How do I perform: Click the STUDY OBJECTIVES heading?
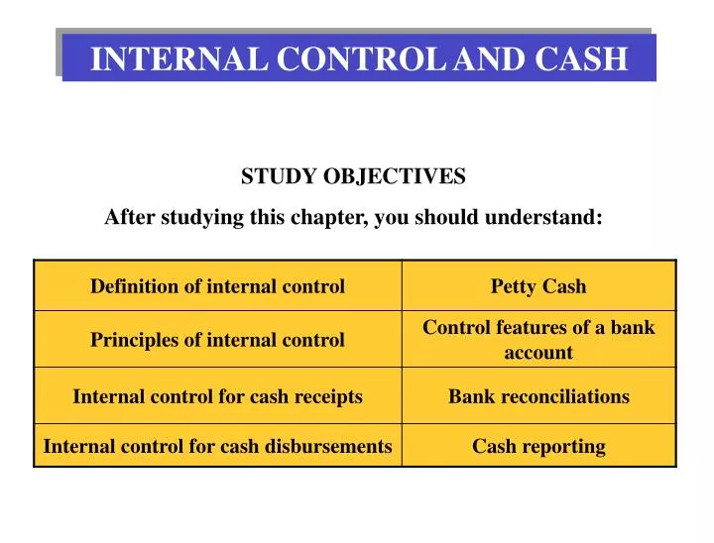353,176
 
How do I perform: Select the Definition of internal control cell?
217,286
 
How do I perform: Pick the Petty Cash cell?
538,286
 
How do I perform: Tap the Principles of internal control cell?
217,340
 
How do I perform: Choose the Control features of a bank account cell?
538,339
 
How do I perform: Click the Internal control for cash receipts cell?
217,396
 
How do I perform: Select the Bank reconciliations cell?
538,396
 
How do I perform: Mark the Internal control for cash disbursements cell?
217,446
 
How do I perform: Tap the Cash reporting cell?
538,446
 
